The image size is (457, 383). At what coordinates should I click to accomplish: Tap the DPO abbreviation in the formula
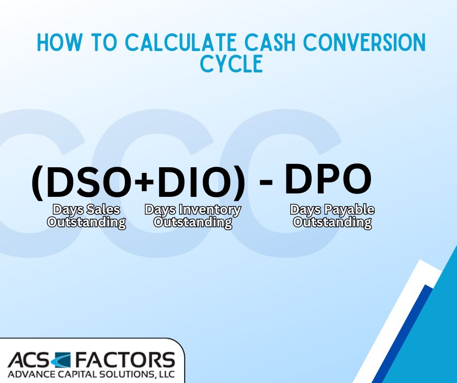point(328,178)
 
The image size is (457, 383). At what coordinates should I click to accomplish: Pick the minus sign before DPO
point(265,182)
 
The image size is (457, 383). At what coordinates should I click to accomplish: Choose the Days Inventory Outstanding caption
point(193,216)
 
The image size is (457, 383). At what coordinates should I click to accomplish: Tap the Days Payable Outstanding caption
point(333,216)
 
